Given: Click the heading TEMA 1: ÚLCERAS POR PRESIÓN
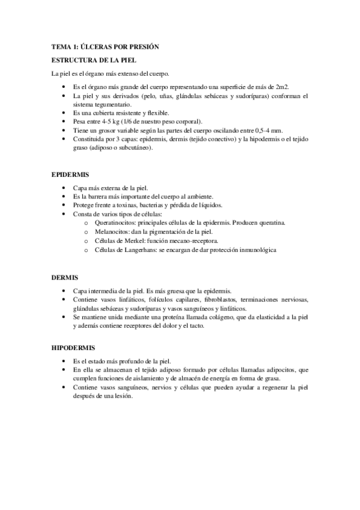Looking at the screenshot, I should (105, 47).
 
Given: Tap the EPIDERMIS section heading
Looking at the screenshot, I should (70, 175).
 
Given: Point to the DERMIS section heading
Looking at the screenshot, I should (65, 278).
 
